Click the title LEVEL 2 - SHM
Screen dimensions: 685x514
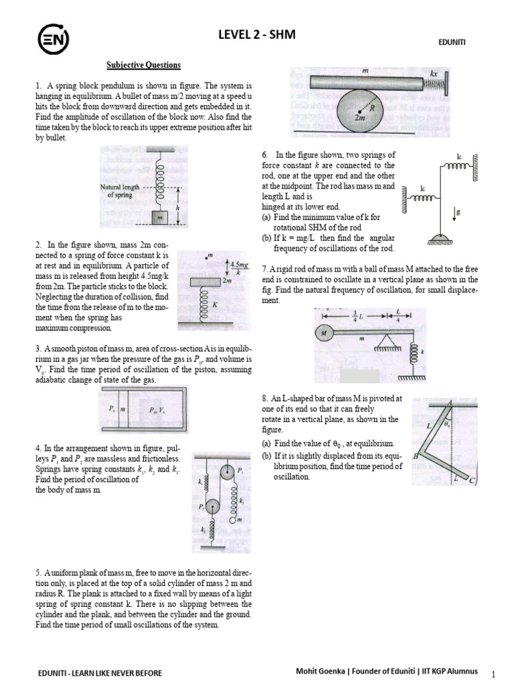[x=256, y=34]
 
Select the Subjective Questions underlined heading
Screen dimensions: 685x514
[x=144, y=65]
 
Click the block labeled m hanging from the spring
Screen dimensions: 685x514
[x=159, y=217]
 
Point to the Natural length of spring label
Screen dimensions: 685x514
[x=120, y=191]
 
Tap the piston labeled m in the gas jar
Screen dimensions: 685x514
[x=123, y=408]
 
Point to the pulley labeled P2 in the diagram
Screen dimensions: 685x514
[x=212, y=507]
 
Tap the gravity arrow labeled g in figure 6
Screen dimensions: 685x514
[x=456, y=213]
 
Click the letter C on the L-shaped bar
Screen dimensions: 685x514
[x=472, y=480]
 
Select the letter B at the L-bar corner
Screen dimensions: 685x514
[x=416, y=456]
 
